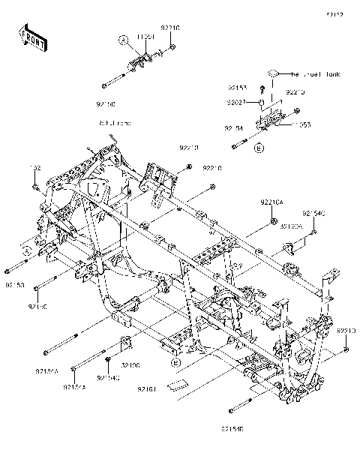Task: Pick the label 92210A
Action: coord(272,202)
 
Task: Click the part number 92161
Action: coord(147,390)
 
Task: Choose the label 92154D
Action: coord(314,214)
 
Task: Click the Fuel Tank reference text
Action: coord(316,74)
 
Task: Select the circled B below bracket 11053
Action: coord(259,149)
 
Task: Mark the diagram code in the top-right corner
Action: coord(334,14)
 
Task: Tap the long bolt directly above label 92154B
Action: coord(240,407)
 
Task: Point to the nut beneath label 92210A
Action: coord(274,220)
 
